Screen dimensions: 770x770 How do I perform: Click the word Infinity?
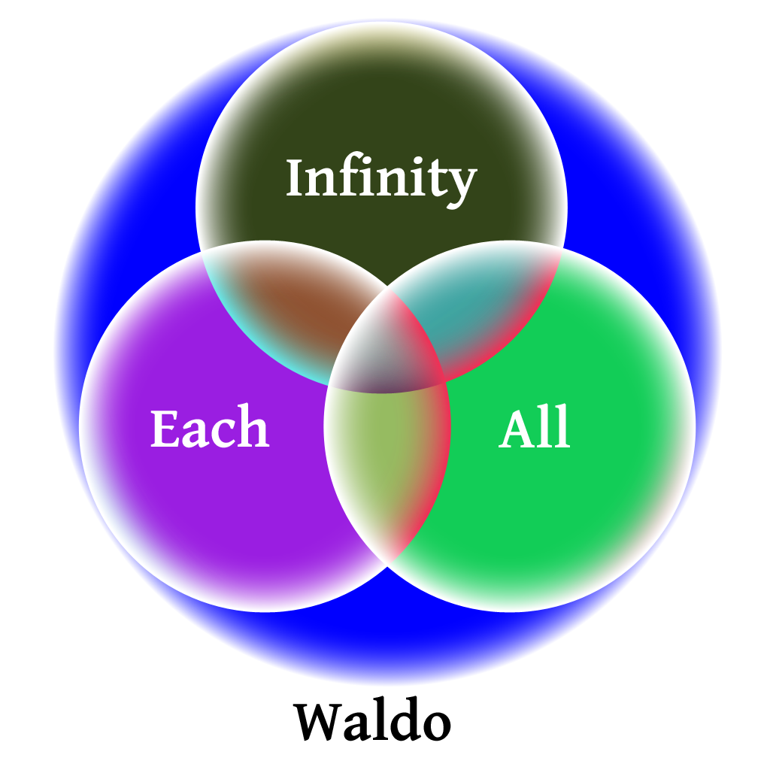pos(381,179)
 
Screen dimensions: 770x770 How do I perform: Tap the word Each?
pos(209,429)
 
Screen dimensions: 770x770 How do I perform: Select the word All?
pos(535,430)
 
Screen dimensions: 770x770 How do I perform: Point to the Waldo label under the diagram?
pos(372,722)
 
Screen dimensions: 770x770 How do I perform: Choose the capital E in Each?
pos(164,429)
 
